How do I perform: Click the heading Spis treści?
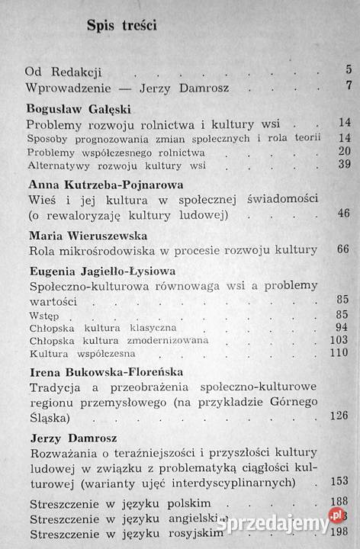(x=122, y=26)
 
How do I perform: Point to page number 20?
(x=343, y=151)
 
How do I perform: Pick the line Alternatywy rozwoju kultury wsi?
(x=117, y=164)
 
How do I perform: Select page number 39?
(x=343, y=164)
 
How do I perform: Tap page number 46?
(x=343, y=213)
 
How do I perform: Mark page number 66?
(x=342, y=249)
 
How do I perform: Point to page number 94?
(x=342, y=328)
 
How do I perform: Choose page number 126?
(x=339, y=416)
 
